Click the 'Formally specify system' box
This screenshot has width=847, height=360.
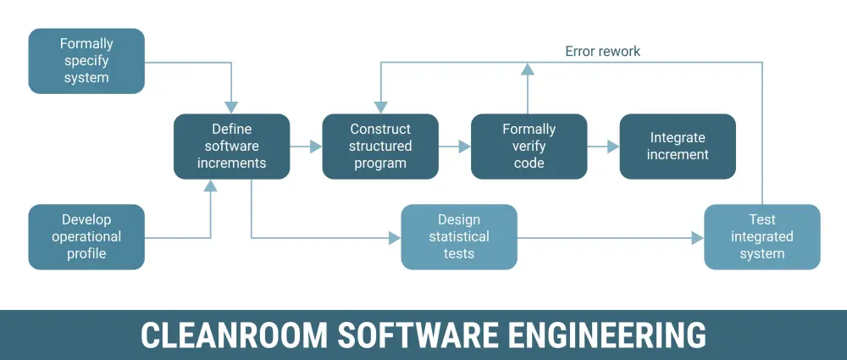(86, 61)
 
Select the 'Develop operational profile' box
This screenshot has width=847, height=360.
(86, 237)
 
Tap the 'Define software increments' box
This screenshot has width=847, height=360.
(231, 147)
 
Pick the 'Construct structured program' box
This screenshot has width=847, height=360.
(380, 147)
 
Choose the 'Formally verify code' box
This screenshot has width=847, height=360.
(529, 147)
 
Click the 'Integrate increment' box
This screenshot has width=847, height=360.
(678, 147)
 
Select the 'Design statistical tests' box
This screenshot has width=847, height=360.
(459, 237)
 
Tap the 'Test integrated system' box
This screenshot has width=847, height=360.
(762, 237)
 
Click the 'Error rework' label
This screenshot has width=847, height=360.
(602, 52)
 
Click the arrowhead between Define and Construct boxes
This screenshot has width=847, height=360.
(316, 147)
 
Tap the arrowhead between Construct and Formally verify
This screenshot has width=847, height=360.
(465, 147)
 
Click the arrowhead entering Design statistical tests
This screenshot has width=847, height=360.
(395, 239)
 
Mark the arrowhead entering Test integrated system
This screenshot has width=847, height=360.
(698, 239)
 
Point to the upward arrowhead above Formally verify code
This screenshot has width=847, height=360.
(528, 68)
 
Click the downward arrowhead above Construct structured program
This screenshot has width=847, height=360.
(380, 107)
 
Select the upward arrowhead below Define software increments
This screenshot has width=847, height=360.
(211, 186)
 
